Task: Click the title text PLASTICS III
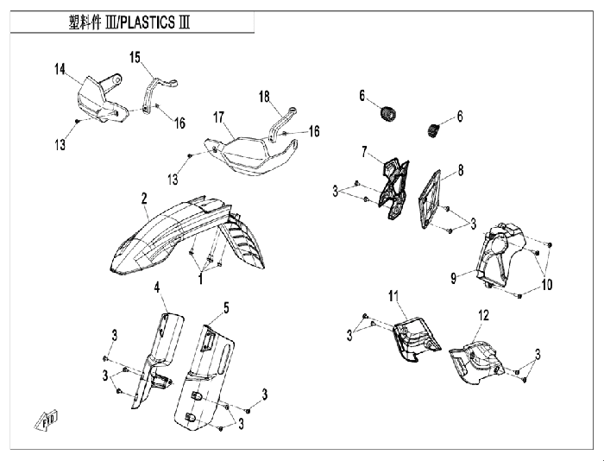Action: (154, 22)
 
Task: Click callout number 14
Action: (60, 69)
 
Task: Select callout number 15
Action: (135, 58)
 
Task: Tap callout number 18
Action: (264, 97)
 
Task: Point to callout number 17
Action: (219, 117)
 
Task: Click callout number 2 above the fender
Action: (144, 199)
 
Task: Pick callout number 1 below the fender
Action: (200, 279)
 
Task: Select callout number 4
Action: (157, 287)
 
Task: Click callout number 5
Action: (226, 307)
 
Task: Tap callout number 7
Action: (364, 152)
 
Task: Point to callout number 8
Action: (461, 170)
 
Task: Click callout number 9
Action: (454, 277)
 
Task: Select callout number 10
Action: (547, 285)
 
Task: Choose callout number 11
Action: (393, 296)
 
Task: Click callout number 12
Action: (483, 315)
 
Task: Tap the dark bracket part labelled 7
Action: (393, 188)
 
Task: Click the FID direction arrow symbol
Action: (47, 420)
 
